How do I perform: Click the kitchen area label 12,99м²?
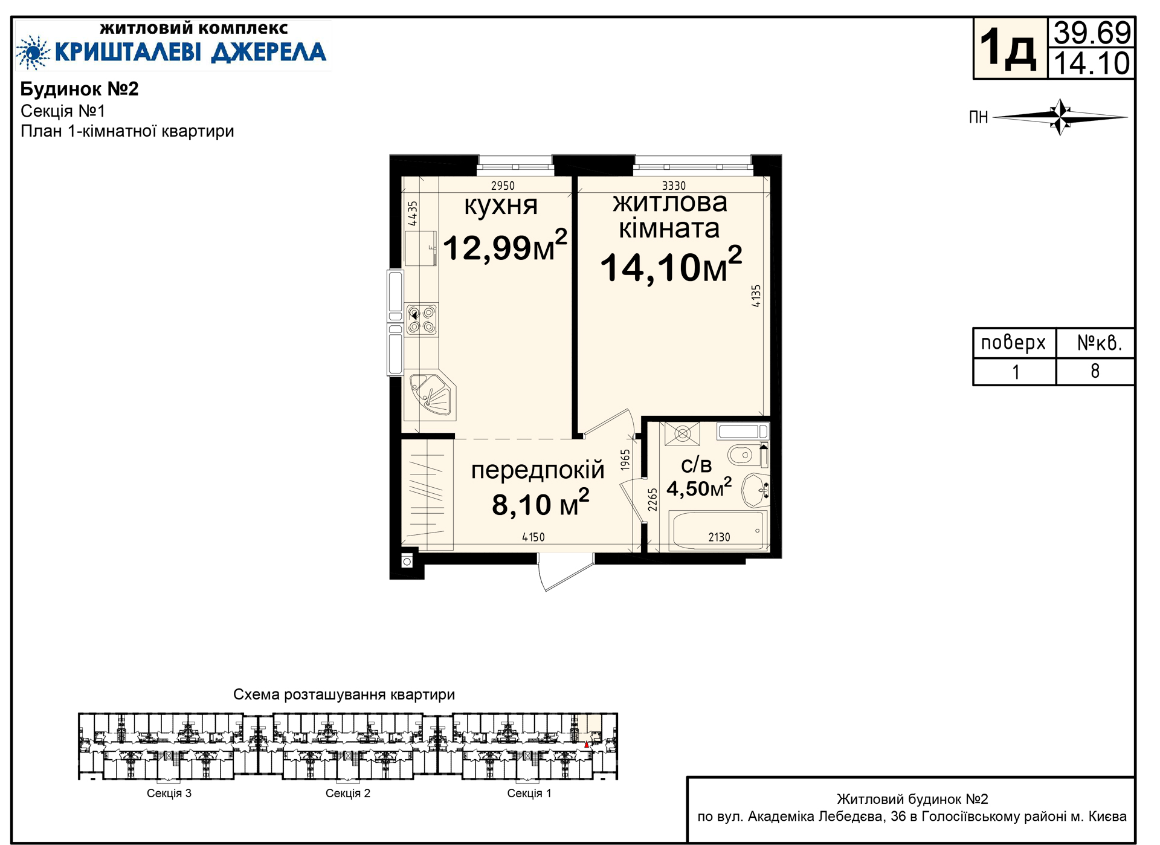click(505, 245)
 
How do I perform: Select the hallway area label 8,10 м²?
click(540, 503)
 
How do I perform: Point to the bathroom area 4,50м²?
click(699, 487)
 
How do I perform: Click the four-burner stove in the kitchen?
click(421, 320)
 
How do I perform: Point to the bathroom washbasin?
click(755, 490)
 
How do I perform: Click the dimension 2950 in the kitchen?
click(502, 186)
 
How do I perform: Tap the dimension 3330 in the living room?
click(674, 186)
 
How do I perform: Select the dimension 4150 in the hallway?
click(533, 537)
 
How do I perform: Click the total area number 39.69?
click(1092, 33)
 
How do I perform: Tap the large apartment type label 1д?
click(1008, 48)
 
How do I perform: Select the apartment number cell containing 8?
click(1095, 372)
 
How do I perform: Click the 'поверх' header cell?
click(1014, 343)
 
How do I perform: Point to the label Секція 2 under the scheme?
click(347, 793)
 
